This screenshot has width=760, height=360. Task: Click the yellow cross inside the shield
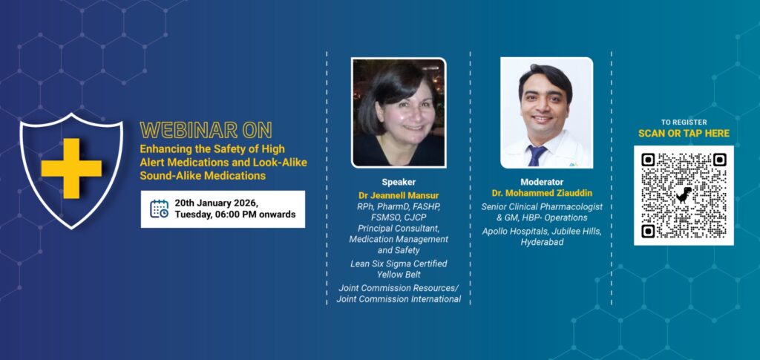click(71, 168)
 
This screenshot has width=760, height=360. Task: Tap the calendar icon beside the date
click(159, 209)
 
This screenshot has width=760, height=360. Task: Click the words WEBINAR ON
click(206, 130)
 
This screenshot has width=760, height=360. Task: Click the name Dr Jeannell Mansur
click(399, 196)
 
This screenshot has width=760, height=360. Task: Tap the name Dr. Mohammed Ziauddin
click(542, 193)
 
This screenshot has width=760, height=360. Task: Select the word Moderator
click(542, 182)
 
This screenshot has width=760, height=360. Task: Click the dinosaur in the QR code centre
click(684, 194)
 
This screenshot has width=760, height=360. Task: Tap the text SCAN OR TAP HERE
click(684, 134)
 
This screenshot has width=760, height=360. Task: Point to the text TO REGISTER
click(684, 122)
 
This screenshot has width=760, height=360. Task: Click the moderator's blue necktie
click(537, 156)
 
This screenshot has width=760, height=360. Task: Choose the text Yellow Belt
click(399, 275)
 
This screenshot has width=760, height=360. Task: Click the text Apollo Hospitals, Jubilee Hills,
click(542, 232)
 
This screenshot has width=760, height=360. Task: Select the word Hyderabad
click(542, 242)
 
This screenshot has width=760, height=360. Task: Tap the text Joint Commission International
click(399, 299)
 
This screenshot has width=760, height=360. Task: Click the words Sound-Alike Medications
click(203, 175)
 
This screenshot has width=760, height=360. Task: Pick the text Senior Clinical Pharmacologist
click(542, 206)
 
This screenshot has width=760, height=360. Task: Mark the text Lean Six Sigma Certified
click(399, 264)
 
